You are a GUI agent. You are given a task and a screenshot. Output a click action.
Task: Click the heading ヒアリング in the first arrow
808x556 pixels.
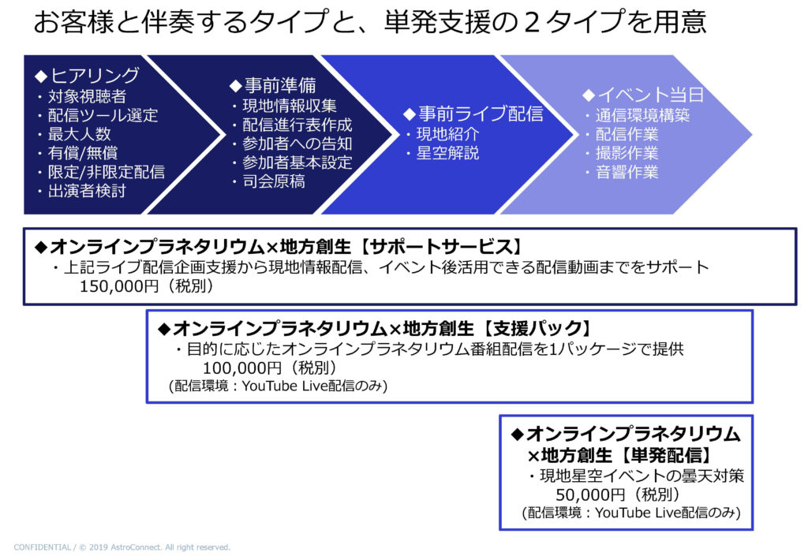point(95,76)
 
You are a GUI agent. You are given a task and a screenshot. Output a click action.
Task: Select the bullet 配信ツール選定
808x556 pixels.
point(102,115)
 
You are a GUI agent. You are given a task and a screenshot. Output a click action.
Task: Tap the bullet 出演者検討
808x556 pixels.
point(86,190)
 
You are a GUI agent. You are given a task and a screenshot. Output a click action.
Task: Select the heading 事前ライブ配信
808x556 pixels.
point(479,114)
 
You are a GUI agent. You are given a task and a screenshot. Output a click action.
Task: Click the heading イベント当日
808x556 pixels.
point(649,95)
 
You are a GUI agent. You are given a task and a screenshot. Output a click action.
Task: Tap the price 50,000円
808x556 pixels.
point(588,494)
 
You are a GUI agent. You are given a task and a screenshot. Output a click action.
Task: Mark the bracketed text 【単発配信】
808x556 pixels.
point(666,455)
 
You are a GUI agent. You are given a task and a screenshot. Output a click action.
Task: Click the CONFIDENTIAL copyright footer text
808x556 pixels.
point(122,547)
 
